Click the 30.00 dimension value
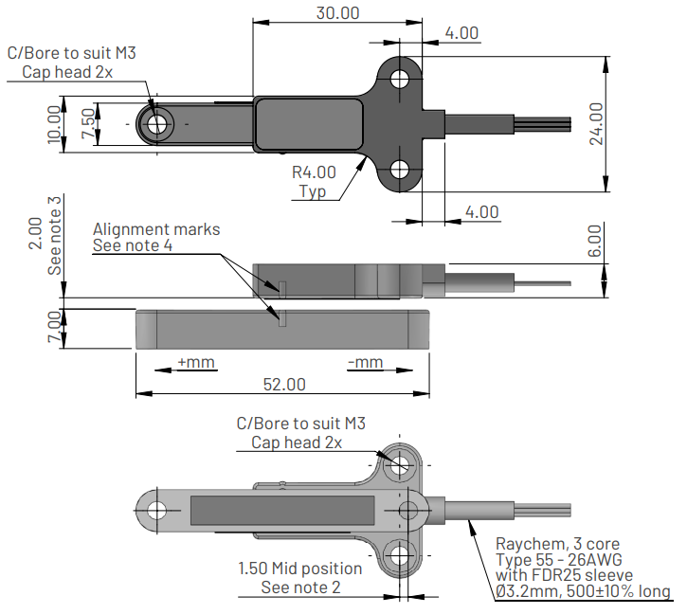coord(337,13)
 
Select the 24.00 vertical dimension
coord(595,123)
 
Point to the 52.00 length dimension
coord(284,384)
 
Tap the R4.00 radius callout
coord(313,172)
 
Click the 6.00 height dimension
coord(594,243)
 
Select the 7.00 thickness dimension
coord(54,328)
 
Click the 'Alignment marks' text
coord(156,229)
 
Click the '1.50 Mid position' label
coord(299,569)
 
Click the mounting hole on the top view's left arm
coord(157,123)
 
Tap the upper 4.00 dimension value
coord(461,33)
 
